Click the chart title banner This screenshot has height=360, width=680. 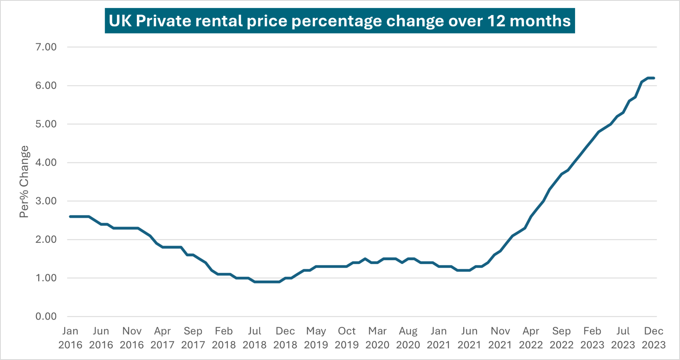click(340, 21)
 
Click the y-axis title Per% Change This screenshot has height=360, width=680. click(24, 181)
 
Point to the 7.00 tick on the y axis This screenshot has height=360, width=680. click(46, 47)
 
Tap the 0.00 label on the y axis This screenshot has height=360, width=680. click(46, 316)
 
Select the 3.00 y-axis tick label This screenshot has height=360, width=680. click(46, 201)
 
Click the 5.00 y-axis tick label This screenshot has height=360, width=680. click(46, 124)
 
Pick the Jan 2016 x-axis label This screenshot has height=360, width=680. click(70, 338)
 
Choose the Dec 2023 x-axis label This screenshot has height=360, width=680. click(653, 338)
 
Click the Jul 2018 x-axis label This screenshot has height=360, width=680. click(255, 338)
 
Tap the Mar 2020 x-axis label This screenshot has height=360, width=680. click(377, 338)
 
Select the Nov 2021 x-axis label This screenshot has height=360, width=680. click(500, 338)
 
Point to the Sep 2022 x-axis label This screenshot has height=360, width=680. click(561, 338)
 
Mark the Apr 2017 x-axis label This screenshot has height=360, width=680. click(162, 338)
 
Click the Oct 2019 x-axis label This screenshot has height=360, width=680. click(347, 338)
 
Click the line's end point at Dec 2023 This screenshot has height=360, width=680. click(654, 78)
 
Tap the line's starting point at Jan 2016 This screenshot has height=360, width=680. click(70, 216)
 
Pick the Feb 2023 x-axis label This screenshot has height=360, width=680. click(592, 338)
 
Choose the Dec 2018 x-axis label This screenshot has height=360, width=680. click(285, 338)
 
